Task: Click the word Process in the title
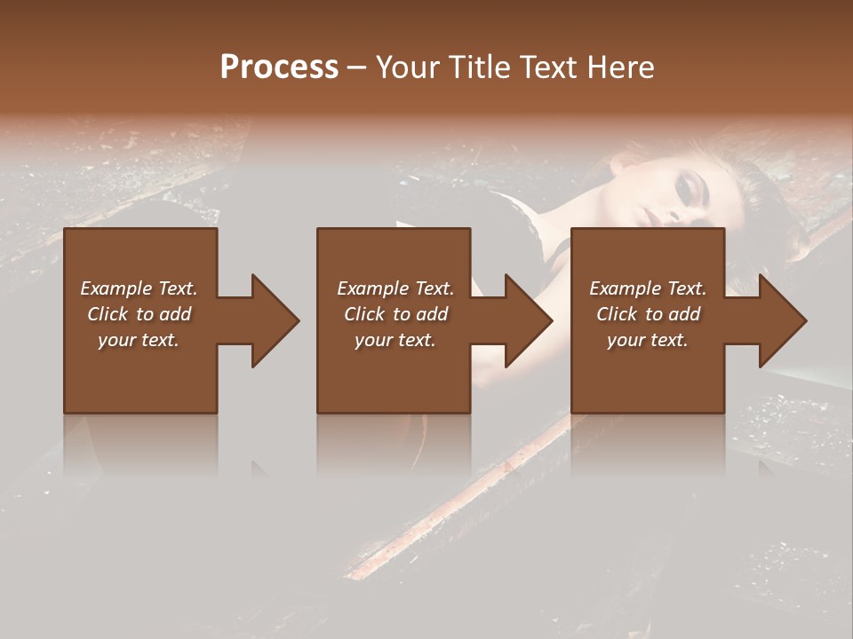(279, 67)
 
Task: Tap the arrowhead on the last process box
(781, 320)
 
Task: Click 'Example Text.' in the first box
(139, 288)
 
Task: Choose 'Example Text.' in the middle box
(395, 288)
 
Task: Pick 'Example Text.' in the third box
(648, 288)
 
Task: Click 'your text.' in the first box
(139, 340)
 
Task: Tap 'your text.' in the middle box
(395, 340)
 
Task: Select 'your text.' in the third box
(648, 340)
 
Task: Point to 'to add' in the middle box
(420, 314)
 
